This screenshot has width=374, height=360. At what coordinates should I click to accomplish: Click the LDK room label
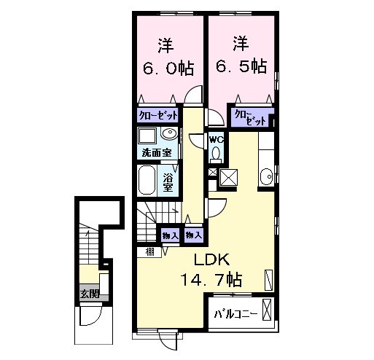tap(211, 259)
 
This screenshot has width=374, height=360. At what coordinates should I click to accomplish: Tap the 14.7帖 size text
tap(211, 280)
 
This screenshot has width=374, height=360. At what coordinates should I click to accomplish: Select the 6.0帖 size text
tap(168, 69)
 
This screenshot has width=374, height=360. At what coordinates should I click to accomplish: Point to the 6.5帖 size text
tap(241, 66)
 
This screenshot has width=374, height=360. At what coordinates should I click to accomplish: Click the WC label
tap(217, 140)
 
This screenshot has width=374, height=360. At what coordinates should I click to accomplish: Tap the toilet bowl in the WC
tap(216, 153)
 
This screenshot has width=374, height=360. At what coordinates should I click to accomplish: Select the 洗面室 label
tap(157, 153)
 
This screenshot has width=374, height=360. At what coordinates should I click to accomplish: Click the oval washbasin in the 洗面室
tap(170, 133)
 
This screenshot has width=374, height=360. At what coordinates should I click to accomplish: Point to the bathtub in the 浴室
tap(147, 180)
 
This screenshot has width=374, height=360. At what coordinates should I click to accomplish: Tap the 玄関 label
tap(90, 294)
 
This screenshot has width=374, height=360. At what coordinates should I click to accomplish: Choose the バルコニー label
tap(235, 315)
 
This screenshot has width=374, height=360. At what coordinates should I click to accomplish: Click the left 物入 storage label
tap(171, 235)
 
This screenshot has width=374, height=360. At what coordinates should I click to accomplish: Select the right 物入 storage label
tap(194, 235)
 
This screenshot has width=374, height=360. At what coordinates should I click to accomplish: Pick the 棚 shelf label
tap(149, 252)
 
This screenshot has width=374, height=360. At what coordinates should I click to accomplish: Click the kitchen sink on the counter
tap(266, 177)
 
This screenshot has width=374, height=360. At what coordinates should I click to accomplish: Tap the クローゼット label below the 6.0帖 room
tap(158, 115)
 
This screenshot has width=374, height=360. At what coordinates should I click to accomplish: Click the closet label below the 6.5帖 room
tap(249, 117)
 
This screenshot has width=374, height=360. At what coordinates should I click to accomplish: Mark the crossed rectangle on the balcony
tap(267, 310)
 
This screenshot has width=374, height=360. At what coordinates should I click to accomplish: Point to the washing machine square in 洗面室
tap(147, 136)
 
